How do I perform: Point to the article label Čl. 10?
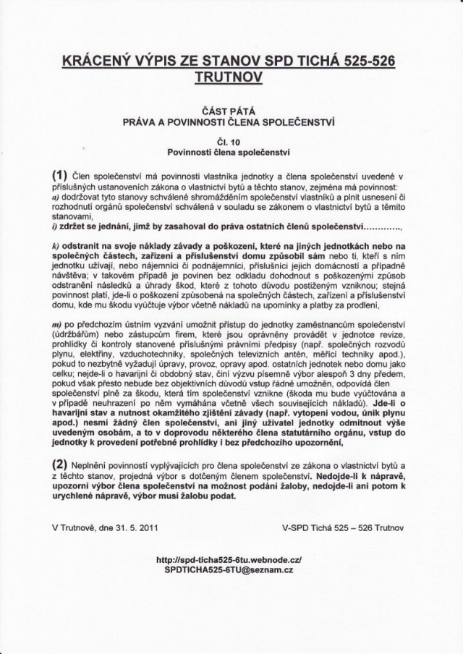click(231, 142)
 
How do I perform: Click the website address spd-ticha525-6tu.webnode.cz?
click(232, 560)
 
